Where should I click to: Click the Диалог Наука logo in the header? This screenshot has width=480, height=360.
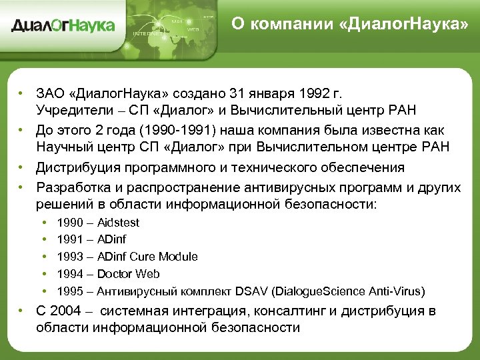63,26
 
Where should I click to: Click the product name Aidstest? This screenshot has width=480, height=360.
118,222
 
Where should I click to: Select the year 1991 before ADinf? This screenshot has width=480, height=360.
70,239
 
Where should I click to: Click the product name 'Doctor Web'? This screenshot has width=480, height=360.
128,274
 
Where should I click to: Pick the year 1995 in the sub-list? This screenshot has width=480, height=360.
70,291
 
